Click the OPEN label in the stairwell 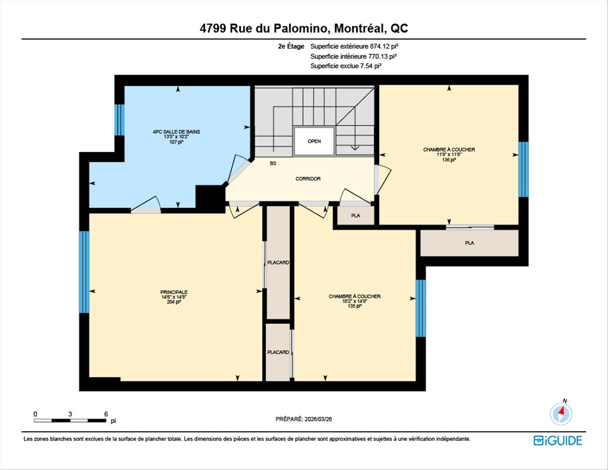click(314, 141)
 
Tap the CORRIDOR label click(308, 179)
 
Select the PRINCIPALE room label click(174, 292)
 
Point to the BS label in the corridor click(273, 163)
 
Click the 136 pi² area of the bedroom click(449, 160)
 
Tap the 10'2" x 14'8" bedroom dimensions click(354, 301)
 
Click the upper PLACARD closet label click(278, 262)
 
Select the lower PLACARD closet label click(278, 352)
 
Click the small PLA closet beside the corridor click(356, 216)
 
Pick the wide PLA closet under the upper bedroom click(469, 243)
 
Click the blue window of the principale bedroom click(84, 272)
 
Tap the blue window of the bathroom click(119, 120)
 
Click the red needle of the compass click(562, 411)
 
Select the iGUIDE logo click(558, 441)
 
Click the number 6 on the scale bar click(106, 414)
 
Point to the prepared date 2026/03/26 click(318, 419)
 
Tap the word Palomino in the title click(300, 29)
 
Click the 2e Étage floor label click(291, 47)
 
